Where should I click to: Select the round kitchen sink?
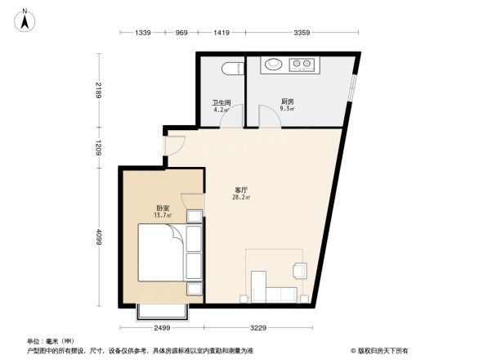click(272, 63)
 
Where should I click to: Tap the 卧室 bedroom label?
click(163, 209)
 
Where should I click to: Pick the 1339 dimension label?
click(144, 33)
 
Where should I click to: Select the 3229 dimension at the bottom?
click(259, 328)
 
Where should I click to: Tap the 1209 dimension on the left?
click(97, 148)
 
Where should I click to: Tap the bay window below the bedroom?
click(163, 312)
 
